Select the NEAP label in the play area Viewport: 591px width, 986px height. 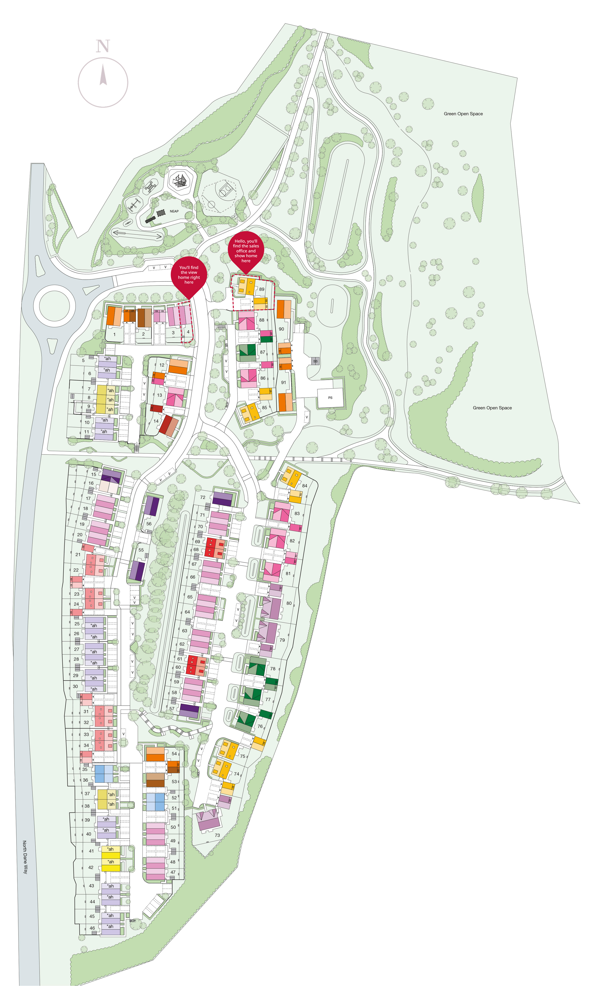click(174, 211)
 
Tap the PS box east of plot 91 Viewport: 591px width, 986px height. click(330, 398)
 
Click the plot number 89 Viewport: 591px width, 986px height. click(262, 289)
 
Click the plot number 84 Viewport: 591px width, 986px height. click(305, 486)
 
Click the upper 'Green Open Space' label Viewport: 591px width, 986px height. click(463, 114)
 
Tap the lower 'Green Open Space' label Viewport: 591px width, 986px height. click(492, 408)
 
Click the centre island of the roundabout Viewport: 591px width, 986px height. click(55, 306)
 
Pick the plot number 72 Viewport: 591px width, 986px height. click(203, 497)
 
